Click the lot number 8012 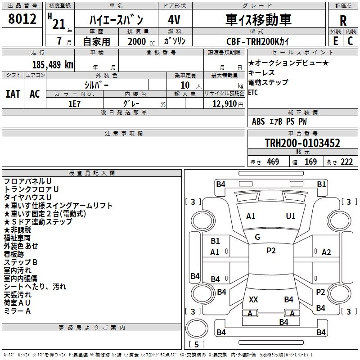click(22, 19)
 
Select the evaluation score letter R click(343, 21)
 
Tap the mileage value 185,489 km click(53, 65)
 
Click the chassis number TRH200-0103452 click(302, 144)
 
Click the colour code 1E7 click(74, 103)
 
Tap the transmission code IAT click(13, 94)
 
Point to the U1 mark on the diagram click(291, 216)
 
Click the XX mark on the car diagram click(253, 299)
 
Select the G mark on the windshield click(257, 237)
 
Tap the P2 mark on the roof click(271, 251)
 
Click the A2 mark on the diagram click(326, 252)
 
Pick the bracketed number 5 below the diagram click(196, 344)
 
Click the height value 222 click(346, 162)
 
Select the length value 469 click(273, 162)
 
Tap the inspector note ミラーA click(17, 311)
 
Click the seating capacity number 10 click(185, 85)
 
